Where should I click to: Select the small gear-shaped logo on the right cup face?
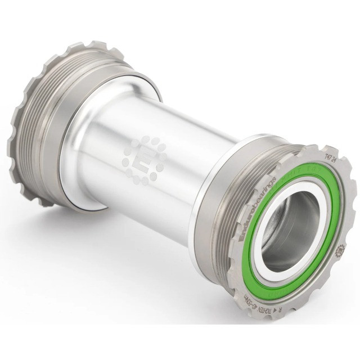341,250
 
